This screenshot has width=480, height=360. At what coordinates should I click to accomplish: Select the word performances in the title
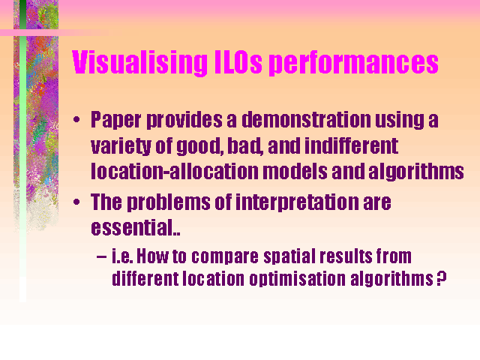coord(353,63)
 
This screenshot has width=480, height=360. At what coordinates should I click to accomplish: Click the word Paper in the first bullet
coord(116,120)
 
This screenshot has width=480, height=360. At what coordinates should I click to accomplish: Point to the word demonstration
coord(306,119)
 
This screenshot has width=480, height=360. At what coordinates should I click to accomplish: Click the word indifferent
coord(351,145)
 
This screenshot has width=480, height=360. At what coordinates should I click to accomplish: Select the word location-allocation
coord(174,171)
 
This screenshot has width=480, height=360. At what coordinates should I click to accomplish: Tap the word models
coord(295,171)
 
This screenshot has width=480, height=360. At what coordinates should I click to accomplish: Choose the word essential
coord(133,227)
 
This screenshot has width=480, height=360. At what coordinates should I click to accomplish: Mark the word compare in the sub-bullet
coord(225,256)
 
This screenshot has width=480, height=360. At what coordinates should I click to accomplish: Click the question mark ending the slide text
coord(441,278)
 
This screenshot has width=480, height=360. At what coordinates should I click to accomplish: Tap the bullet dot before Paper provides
coord(76,120)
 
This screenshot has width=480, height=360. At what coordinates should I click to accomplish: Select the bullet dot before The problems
coord(76,202)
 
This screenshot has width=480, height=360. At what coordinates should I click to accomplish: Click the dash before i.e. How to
coord(102,256)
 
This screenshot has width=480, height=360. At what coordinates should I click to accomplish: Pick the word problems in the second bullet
coord(168,202)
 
